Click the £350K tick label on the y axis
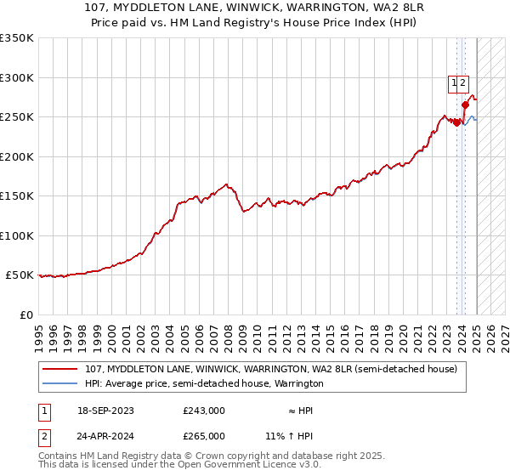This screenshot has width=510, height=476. (17, 38)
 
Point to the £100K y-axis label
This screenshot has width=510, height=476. (17, 235)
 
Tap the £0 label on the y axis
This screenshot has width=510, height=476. (25, 314)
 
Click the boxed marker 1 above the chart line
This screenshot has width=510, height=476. (455, 83)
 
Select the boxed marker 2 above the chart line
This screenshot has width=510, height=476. (462, 83)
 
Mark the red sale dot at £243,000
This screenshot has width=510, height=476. (457, 122)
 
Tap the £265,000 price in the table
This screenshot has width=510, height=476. (204, 435)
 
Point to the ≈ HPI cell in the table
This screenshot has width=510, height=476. (301, 411)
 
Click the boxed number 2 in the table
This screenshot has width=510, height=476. (42, 435)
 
